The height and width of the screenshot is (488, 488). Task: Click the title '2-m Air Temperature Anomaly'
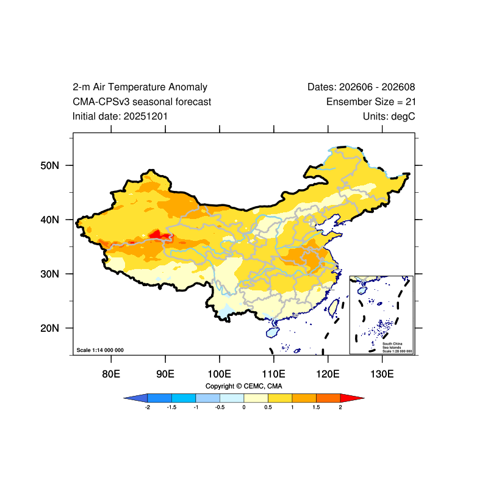coord(140,87)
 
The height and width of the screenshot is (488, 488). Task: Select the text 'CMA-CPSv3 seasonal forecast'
coord(142,102)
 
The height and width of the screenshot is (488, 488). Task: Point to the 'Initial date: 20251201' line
coord(120,117)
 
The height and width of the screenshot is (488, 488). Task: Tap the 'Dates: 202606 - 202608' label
coord(361,87)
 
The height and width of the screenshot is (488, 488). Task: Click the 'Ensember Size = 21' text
coord(371,102)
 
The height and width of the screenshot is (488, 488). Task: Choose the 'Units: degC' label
coord(389,117)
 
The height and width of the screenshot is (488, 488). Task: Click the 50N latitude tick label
coord(49,165)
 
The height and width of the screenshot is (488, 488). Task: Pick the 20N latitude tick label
coord(49,328)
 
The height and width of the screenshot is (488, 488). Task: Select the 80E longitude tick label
coord(111,374)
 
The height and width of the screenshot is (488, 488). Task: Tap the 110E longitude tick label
coord(273,374)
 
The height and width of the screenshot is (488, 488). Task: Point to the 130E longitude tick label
coord(382,374)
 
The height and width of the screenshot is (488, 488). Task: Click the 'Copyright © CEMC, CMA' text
coord(243,386)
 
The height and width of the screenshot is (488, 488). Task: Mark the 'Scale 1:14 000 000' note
coord(100,350)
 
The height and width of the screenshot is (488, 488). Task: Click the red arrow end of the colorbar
coord(352,398)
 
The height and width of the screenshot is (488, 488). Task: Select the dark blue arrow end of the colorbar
coord(135,398)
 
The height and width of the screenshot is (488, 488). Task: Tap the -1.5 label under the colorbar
coord(171,407)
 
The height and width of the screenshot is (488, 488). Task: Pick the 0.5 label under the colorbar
coord(268,407)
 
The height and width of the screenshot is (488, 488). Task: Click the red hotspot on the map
coord(158,235)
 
